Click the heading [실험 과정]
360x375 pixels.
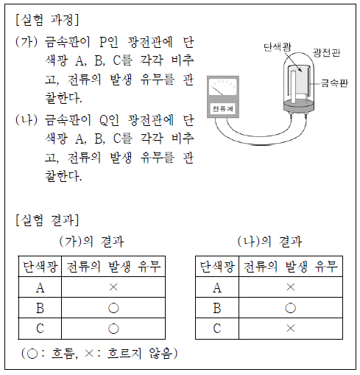[x=47, y=20]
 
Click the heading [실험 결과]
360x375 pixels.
[x=47, y=220]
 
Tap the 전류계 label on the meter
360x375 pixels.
[x=222, y=108]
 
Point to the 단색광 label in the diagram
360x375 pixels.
[x=278, y=47]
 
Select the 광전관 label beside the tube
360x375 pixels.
[x=326, y=52]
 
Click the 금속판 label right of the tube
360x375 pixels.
[x=334, y=83]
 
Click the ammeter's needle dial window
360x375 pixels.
[x=222, y=87]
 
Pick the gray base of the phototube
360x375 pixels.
[x=299, y=106]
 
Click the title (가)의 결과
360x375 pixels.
[x=91, y=241]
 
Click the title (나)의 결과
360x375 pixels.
[x=269, y=241]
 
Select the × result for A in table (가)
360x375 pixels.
[x=113, y=287]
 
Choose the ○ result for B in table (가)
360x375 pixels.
[x=113, y=308]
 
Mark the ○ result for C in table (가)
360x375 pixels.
[x=113, y=329]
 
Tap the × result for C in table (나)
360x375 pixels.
[x=291, y=329]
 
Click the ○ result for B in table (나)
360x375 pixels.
[x=291, y=308]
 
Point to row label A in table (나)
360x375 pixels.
[x=217, y=287]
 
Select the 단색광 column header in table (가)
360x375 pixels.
[x=40, y=267]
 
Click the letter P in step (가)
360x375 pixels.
[x=103, y=42]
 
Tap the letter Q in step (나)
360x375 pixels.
[x=104, y=121]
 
